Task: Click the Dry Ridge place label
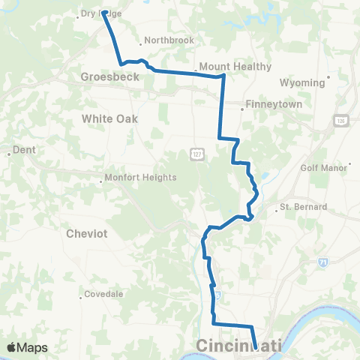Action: click(100, 13)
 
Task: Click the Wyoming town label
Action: click(301, 82)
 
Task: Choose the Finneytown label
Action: click(274, 105)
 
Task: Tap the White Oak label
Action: click(109, 118)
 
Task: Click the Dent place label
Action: click(24, 150)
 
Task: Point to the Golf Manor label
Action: click(325, 167)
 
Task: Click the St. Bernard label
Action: click(304, 206)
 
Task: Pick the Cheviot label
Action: click(87, 233)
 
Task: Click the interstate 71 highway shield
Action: click(322, 262)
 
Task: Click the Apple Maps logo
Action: click(27, 347)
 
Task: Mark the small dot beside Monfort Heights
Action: click(103, 180)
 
